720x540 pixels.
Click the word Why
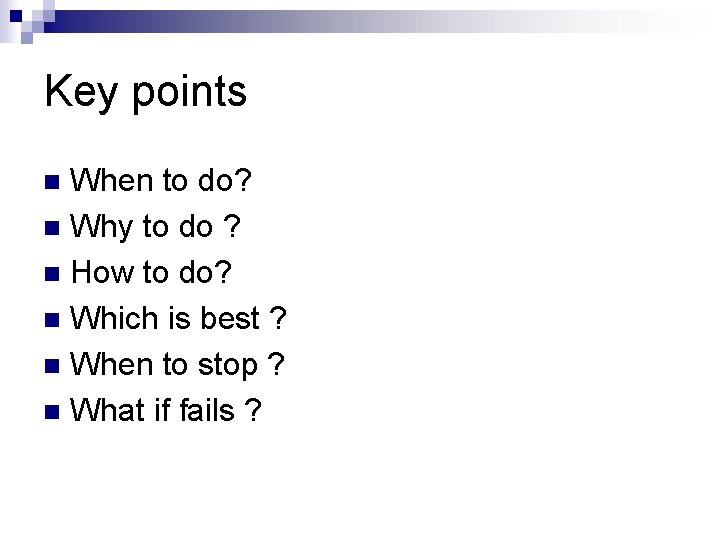[x=104, y=228]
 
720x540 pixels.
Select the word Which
[x=117, y=319]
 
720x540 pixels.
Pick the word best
[x=230, y=319]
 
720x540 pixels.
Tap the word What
[x=110, y=410]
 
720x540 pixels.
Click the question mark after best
[x=278, y=319]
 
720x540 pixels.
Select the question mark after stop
[x=276, y=365]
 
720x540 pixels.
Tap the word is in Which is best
[x=179, y=319]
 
